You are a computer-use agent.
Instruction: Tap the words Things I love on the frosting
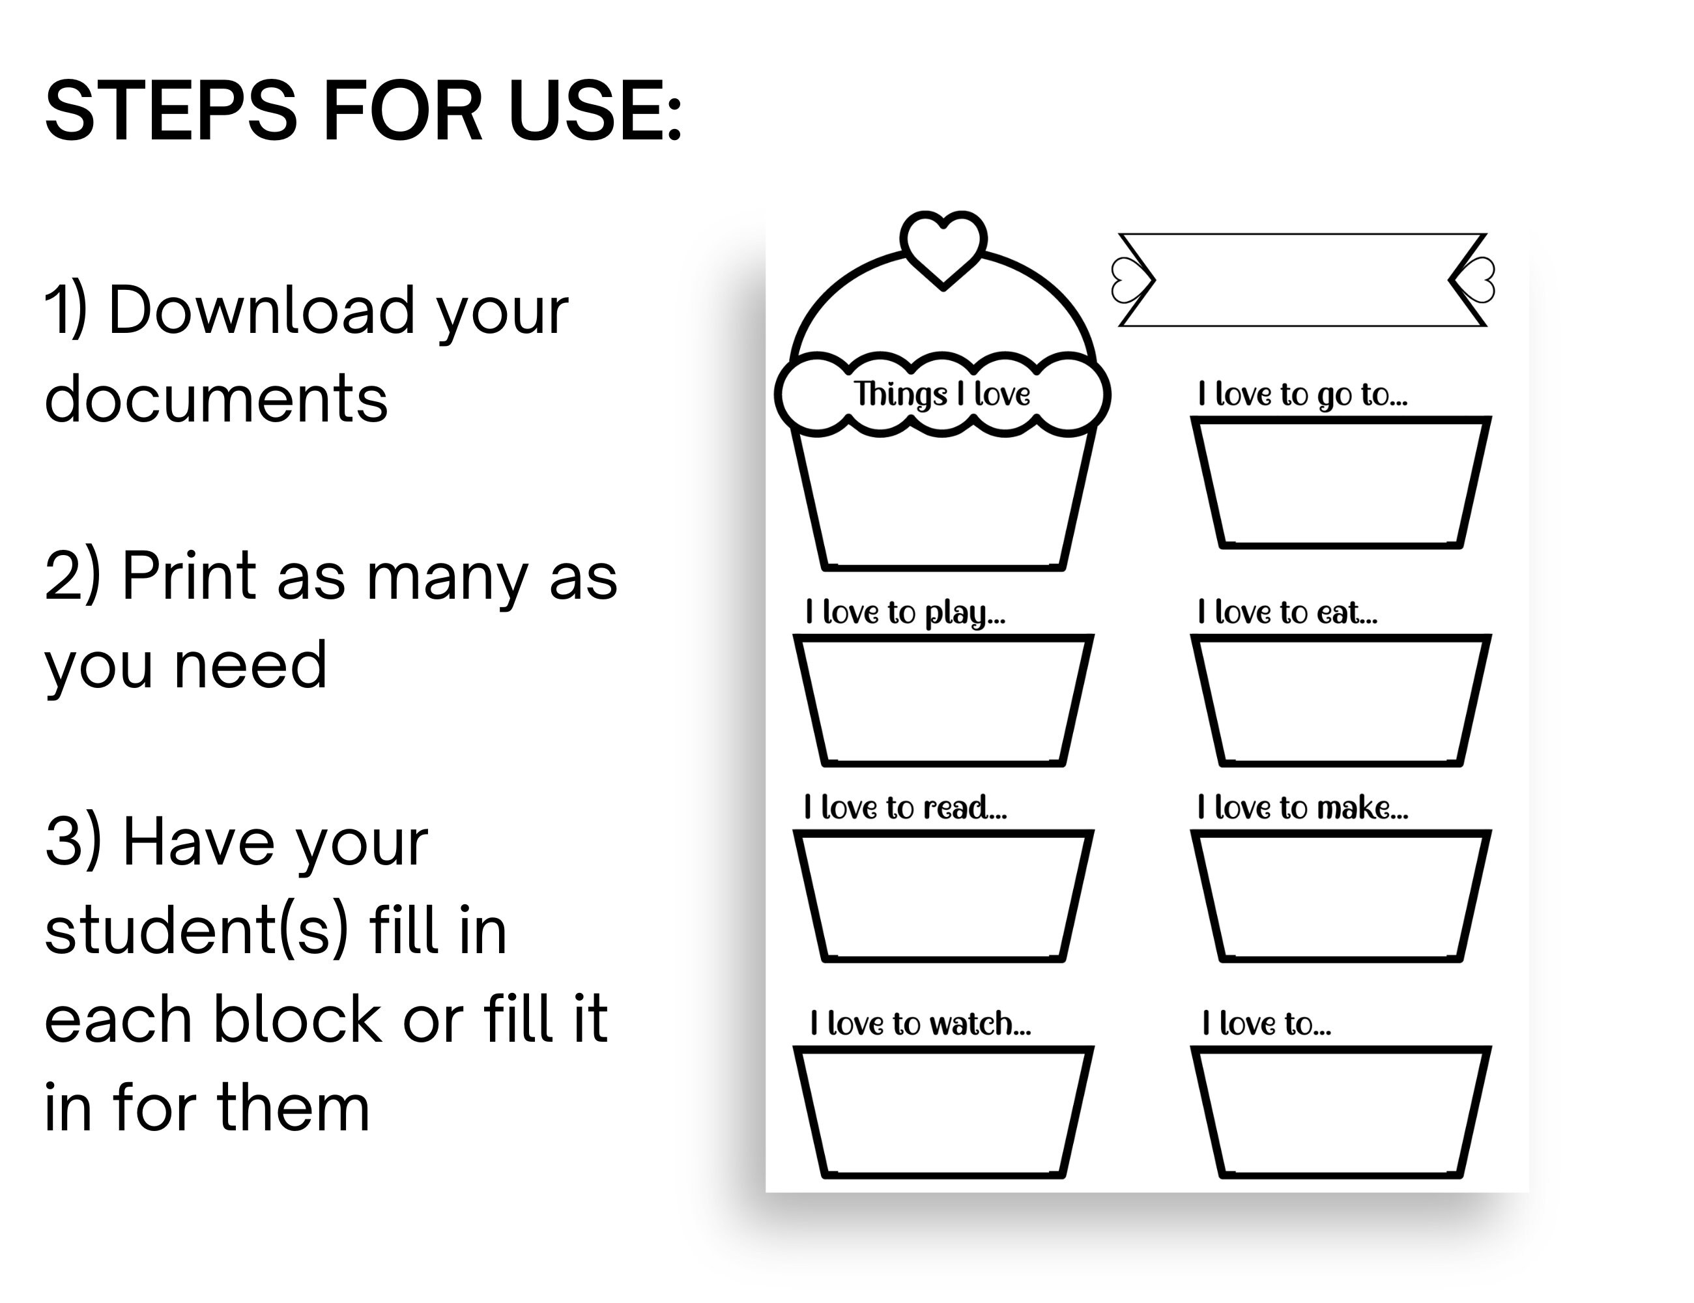point(942,394)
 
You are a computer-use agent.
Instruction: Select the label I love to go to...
point(1302,395)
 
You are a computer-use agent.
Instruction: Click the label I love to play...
point(905,612)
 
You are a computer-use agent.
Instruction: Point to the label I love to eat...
point(1287,612)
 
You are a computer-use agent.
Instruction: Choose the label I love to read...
point(905,807)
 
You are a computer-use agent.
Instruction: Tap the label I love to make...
point(1303,807)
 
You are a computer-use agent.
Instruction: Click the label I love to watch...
point(921,1024)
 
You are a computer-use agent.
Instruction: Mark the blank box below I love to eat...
point(1341,638)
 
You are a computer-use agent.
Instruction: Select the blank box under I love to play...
point(943,638)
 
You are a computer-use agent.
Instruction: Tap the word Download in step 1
point(261,309)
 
